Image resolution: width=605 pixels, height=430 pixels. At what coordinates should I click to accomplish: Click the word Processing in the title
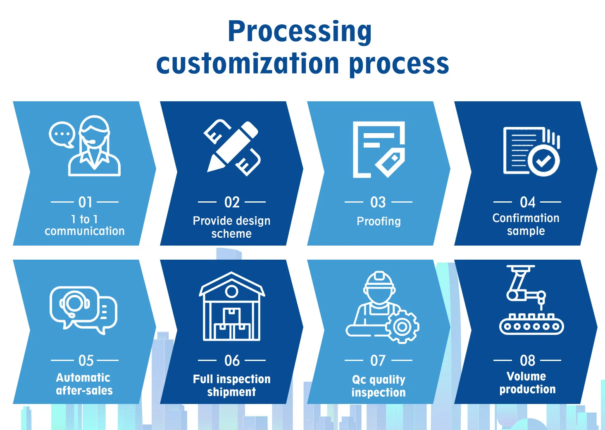(x=300, y=32)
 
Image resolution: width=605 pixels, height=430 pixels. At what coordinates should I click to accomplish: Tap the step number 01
(x=86, y=202)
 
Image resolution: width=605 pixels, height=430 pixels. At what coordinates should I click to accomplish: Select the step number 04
(x=527, y=202)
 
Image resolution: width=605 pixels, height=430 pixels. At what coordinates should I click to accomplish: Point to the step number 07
(x=378, y=360)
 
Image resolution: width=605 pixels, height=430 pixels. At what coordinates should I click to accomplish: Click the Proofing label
(x=379, y=221)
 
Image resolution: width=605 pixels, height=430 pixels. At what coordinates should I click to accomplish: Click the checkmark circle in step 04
(x=544, y=160)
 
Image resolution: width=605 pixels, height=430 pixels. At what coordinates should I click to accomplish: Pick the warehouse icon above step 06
(x=232, y=306)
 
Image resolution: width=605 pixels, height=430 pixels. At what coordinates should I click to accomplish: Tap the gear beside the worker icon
(x=402, y=327)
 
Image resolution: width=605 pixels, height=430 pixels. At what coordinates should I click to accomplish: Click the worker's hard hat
(x=379, y=281)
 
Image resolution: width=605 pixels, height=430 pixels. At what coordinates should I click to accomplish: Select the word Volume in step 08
(x=526, y=376)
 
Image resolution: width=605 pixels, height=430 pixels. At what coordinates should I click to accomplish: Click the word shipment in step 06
(x=231, y=392)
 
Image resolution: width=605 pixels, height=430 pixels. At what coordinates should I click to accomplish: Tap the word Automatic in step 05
(x=83, y=377)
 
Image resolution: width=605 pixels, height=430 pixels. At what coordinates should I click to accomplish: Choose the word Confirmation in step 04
(x=526, y=218)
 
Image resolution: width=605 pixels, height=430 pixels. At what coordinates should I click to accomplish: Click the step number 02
(x=232, y=202)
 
